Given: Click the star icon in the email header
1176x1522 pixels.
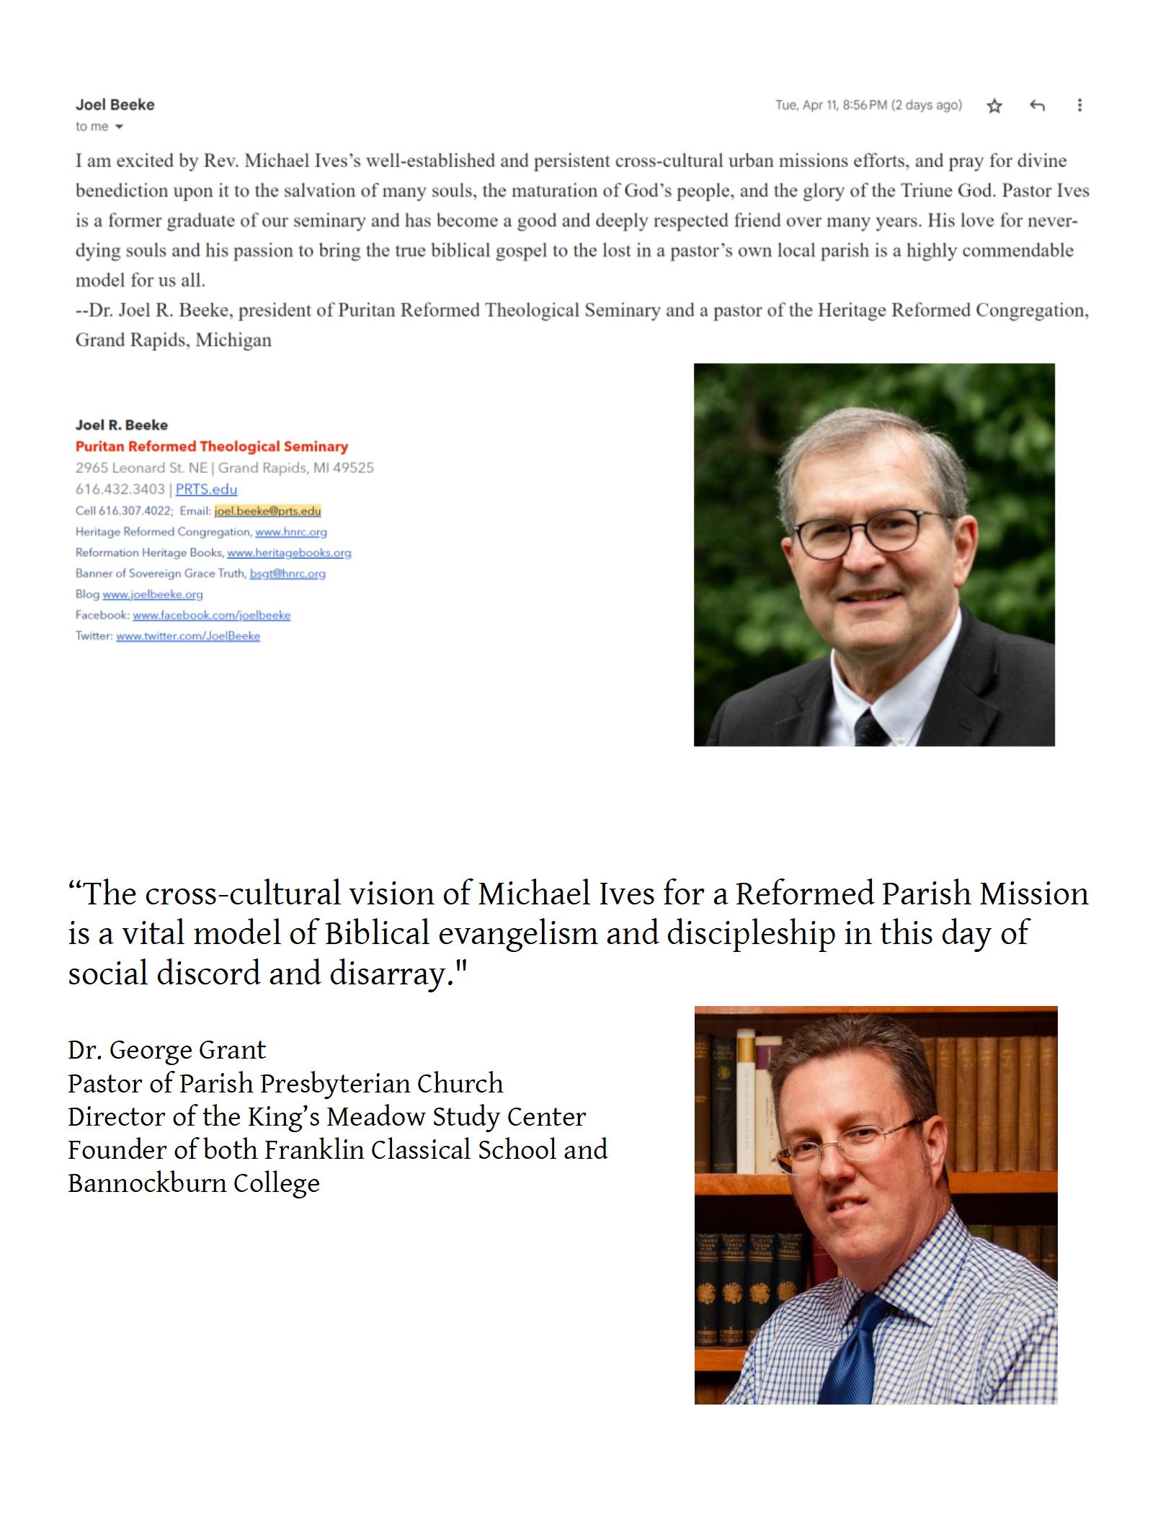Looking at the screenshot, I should pos(994,106).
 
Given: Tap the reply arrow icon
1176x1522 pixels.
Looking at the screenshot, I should pos(1037,106).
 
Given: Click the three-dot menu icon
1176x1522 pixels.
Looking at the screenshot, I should pos(1079,105).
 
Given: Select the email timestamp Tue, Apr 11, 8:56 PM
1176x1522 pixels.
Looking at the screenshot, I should pos(868,105).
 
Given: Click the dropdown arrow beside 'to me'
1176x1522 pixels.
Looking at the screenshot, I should pos(119,127).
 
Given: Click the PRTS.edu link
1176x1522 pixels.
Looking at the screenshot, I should pos(206,489).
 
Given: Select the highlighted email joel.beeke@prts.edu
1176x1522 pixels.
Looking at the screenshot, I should pos(267,511).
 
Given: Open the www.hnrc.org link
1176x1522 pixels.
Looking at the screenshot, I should pos(290,532).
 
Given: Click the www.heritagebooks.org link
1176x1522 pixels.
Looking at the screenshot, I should pos(289,553).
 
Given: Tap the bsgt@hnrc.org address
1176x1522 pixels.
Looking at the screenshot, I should pos(288,574).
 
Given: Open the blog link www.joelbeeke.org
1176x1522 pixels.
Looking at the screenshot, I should pos(153,595).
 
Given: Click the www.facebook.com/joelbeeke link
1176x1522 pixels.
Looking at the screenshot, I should pos(211,615).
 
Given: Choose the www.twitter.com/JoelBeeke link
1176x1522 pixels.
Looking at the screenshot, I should pos(188,636).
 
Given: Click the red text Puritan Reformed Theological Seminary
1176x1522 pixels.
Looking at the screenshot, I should pos(212,447).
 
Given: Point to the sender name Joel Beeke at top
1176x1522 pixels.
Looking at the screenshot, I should pos(115,105).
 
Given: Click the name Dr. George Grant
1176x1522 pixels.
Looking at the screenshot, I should pos(167,1050).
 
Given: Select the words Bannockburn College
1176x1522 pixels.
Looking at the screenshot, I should pos(194,1183).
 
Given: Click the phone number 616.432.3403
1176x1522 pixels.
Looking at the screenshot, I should pos(120,489).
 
